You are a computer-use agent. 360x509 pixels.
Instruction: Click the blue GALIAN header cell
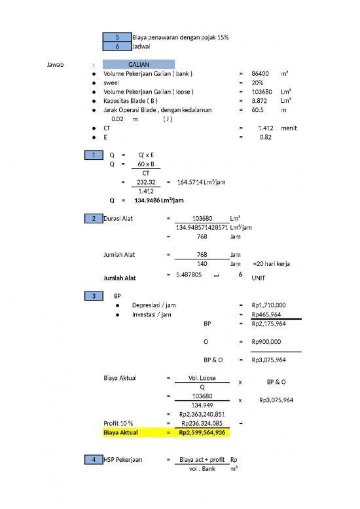point(138,64)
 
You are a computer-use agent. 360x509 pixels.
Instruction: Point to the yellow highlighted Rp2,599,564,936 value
point(202,433)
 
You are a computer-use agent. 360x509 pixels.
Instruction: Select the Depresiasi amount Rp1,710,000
point(268,305)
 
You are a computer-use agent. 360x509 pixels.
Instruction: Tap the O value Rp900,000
point(266,341)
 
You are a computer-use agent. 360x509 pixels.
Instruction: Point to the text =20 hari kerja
point(272,264)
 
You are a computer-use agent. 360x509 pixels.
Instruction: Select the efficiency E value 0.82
point(266,138)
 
